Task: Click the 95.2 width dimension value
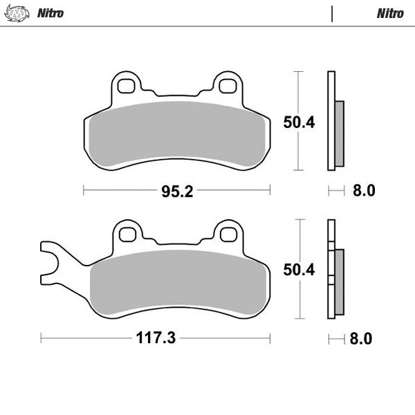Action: tap(176, 191)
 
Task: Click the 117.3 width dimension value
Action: tap(156, 338)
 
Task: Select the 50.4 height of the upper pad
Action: tap(299, 122)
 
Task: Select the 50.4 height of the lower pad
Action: tap(299, 270)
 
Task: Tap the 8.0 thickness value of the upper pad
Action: tap(363, 191)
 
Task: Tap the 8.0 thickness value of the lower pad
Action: tap(361, 338)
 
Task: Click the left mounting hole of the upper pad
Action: tap(127, 86)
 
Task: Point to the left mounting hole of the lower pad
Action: tap(127, 234)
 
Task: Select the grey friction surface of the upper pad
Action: tap(177, 135)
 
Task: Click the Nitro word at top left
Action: tap(50, 13)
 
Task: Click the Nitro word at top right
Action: tap(390, 13)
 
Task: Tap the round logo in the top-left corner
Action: tap(18, 13)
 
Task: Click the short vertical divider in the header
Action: tap(333, 13)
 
